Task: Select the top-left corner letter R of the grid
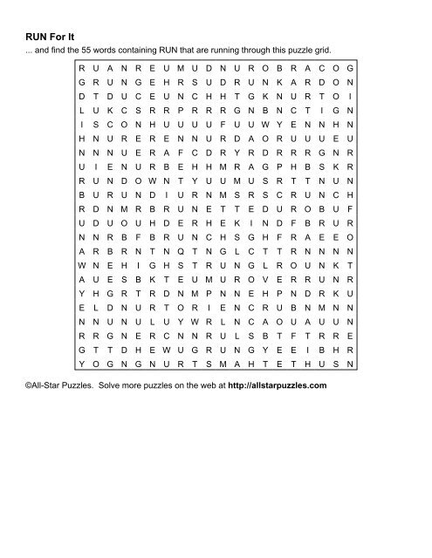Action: [x=81, y=67]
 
